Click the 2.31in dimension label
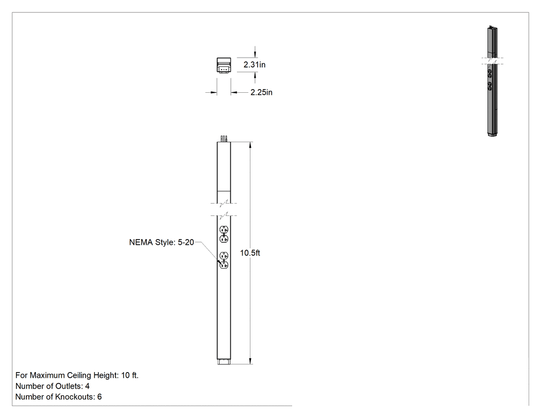point(255,65)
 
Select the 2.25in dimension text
point(261,92)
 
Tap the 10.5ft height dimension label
point(250,253)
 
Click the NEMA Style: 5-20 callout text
point(161,242)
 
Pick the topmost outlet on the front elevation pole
point(224,229)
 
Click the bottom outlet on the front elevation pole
point(224,265)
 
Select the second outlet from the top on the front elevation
point(224,239)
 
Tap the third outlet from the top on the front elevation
point(224,256)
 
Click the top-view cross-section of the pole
point(224,65)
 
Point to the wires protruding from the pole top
point(224,139)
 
